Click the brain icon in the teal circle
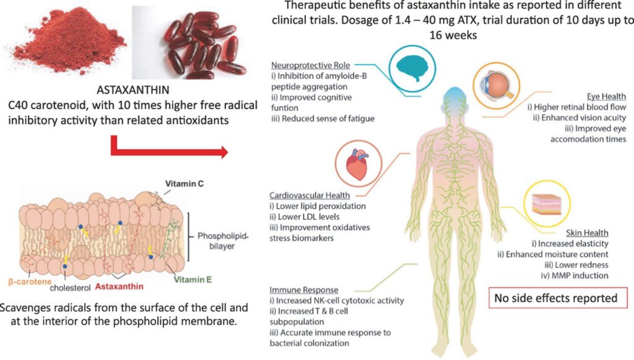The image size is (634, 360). click(x=412, y=68)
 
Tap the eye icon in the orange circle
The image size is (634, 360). click(x=497, y=86)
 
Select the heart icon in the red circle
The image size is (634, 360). click(x=357, y=164)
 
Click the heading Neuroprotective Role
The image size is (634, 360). click(x=311, y=65)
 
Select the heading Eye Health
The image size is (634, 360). click(x=607, y=96)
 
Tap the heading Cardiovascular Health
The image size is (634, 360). click(x=310, y=195)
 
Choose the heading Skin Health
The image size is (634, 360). click(x=587, y=232)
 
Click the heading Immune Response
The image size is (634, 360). click(x=303, y=290)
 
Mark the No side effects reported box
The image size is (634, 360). click(x=558, y=298)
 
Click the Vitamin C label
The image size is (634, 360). click(x=184, y=183)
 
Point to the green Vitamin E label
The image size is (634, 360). click(x=193, y=279)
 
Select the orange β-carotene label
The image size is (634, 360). click(x=30, y=281)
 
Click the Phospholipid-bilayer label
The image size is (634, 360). click(x=222, y=241)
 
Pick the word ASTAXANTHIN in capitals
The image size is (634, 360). click(x=133, y=90)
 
